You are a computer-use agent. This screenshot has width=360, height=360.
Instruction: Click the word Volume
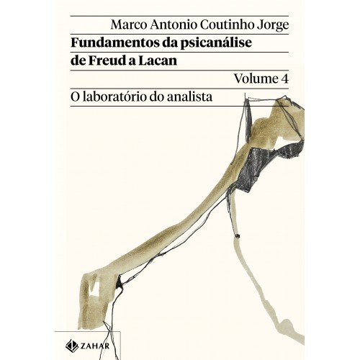tap(253, 78)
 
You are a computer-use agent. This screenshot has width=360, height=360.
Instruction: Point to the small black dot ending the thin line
tap(238, 235)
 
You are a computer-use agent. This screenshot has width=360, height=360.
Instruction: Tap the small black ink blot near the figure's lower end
tap(119, 283)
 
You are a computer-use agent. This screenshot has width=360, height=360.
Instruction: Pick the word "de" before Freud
tap(78, 60)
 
